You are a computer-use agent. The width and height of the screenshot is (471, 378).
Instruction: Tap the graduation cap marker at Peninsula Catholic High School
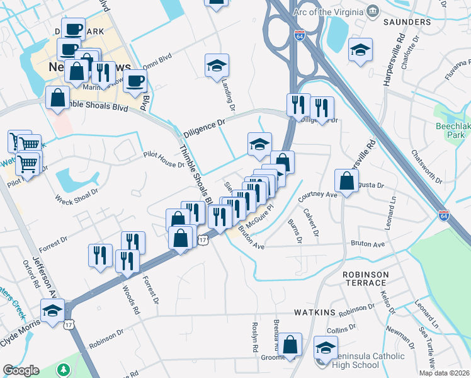[x=326, y=348]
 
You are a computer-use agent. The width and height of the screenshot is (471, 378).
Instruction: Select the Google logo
[x=21, y=370]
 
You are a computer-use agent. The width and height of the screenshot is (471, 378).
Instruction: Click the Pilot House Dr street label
[x=162, y=159]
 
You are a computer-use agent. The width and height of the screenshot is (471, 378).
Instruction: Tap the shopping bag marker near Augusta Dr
[x=346, y=182]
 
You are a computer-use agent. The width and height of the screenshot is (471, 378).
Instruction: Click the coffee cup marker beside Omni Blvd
[x=135, y=82]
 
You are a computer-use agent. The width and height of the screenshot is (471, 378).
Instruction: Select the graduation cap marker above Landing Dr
[x=217, y=66]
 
